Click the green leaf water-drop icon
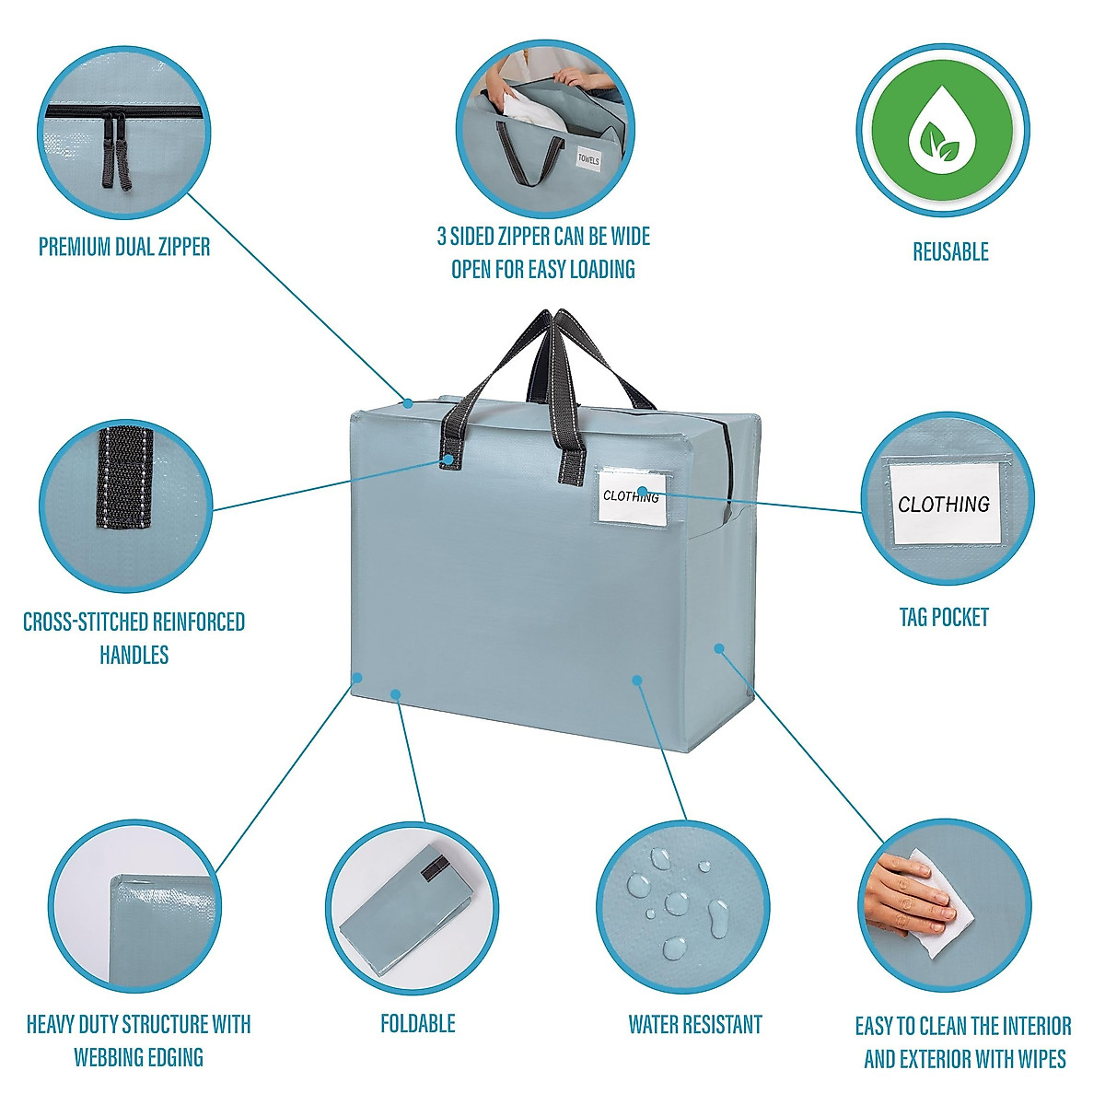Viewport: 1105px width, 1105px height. [942, 131]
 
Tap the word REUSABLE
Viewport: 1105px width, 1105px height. [950, 251]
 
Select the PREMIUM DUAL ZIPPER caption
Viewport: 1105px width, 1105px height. [124, 247]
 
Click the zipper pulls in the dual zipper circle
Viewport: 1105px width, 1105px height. [116, 150]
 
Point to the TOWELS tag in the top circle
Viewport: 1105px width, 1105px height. [588, 158]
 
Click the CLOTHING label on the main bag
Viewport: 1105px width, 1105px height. [631, 496]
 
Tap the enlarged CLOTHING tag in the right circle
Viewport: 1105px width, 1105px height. [944, 504]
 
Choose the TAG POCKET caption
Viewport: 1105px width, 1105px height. [944, 617]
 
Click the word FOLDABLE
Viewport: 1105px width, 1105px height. [418, 1024]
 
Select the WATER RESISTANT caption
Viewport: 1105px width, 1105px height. [695, 1024]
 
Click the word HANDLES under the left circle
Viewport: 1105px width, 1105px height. [134, 655]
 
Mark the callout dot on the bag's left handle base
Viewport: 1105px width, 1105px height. [448, 459]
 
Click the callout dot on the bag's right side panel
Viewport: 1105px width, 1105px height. [718, 648]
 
